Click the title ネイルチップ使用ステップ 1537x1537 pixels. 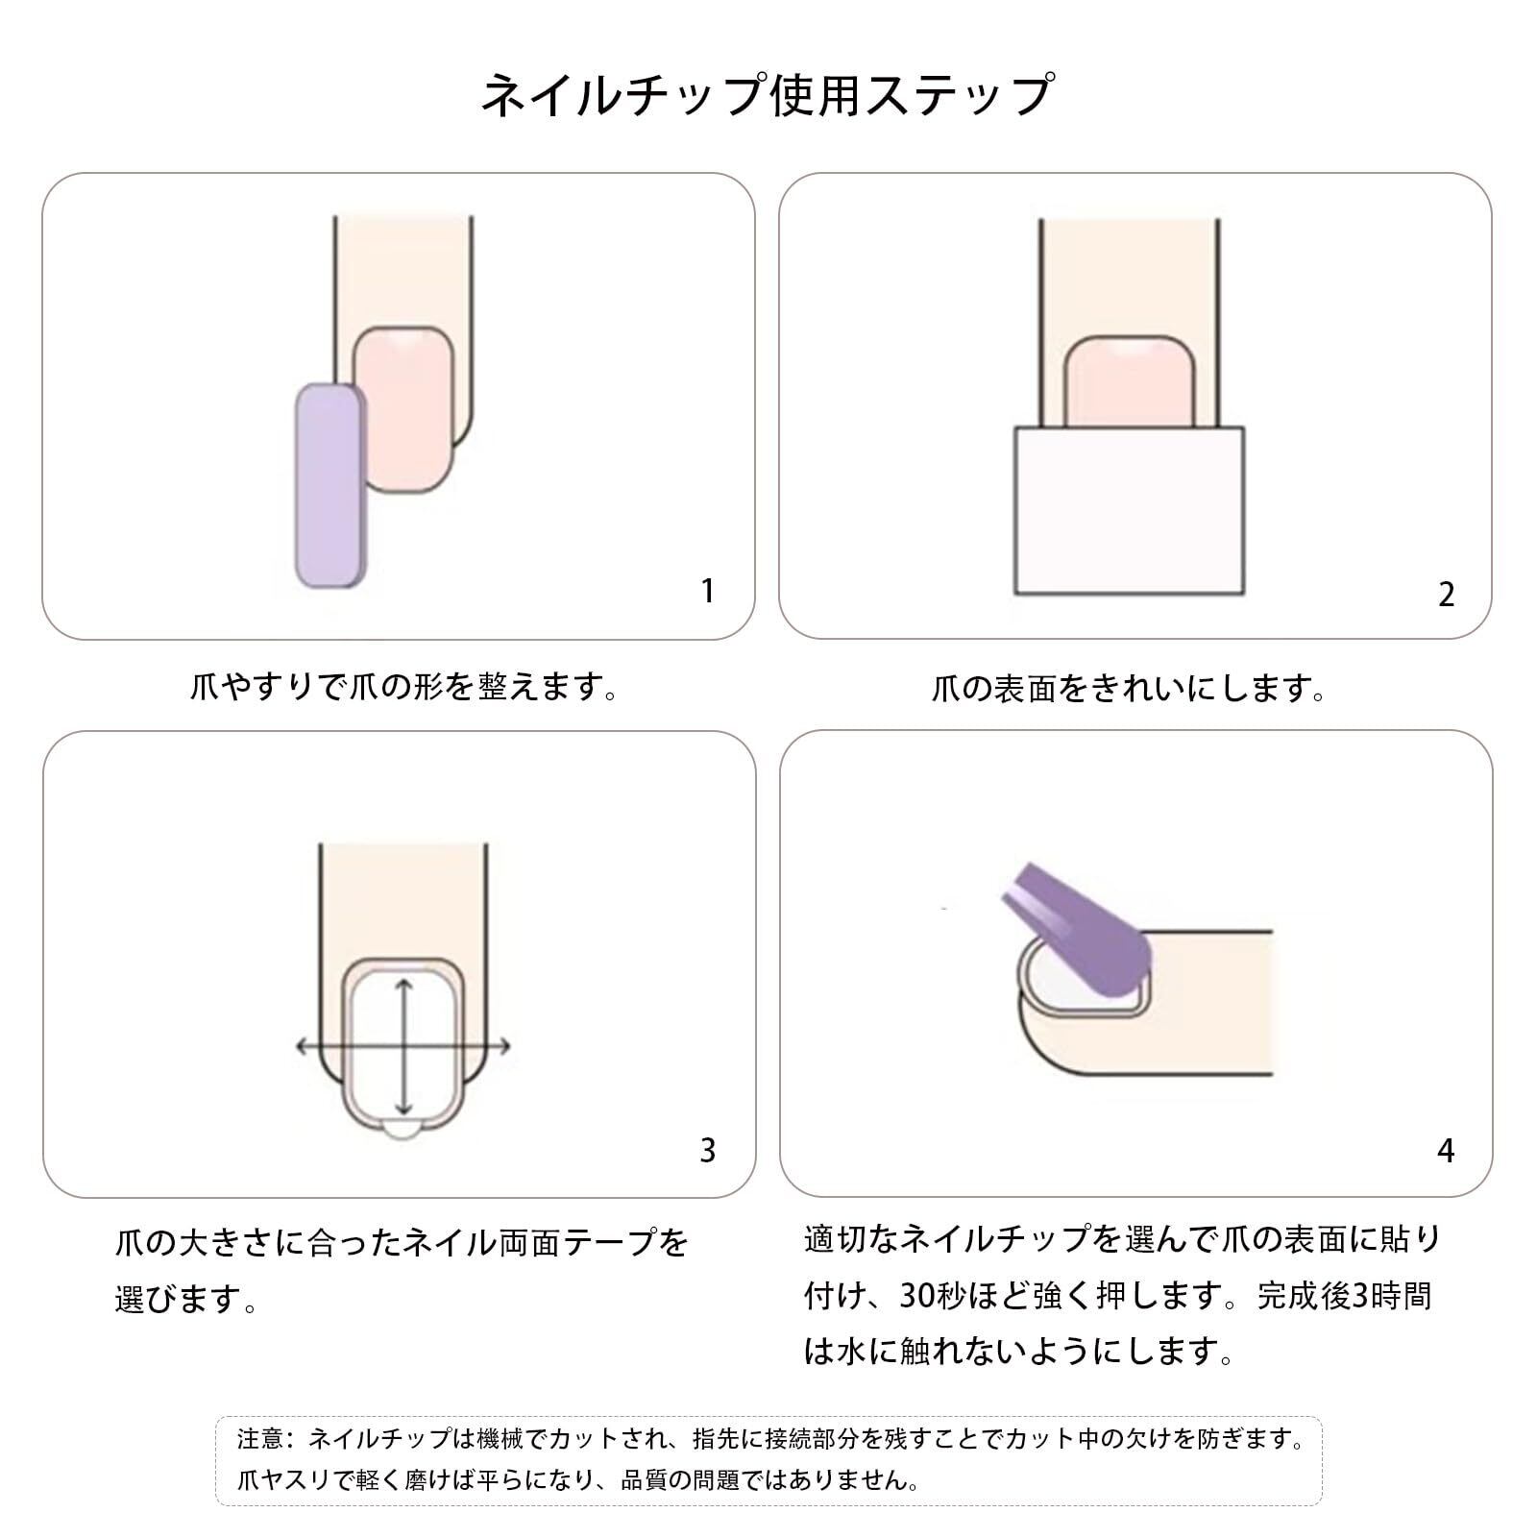pos(768,95)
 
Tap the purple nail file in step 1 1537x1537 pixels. pos(329,485)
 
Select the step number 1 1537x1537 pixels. pos(708,591)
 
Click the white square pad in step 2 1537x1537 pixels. pos(1129,510)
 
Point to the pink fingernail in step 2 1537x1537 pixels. pos(1129,381)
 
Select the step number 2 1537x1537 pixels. pos(1446,595)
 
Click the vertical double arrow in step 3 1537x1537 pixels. pos(404,1046)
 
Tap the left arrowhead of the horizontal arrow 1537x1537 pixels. pos(303,1046)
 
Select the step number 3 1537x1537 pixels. pos(708,1150)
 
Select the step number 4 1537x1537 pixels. pos(1446,1150)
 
